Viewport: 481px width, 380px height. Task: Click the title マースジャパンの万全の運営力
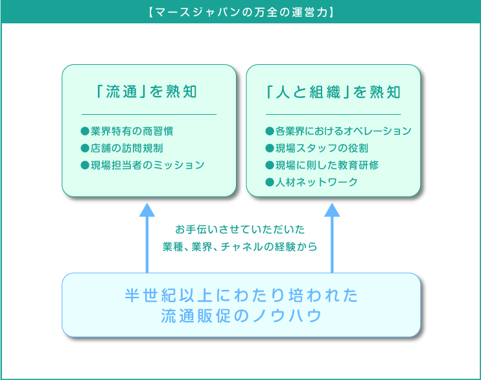pyautogui.click(x=240, y=12)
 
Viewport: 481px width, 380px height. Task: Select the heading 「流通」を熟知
pyautogui.click(x=147, y=91)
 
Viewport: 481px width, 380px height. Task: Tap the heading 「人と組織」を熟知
pyautogui.click(x=333, y=92)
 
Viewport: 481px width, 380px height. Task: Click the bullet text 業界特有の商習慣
pyautogui.click(x=132, y=131)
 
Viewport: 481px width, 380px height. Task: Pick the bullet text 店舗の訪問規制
pyautogui.click(x=126, y=148)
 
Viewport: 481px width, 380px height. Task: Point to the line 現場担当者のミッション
pyautogui.click(x=148, y=165)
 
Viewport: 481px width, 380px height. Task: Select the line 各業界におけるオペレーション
pyautogui.click(x=344, y=131)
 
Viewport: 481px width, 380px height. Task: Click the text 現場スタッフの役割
pyautogui.click(x=322, y=148)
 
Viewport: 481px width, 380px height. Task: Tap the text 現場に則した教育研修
pyautogui.click(x=327, y=165)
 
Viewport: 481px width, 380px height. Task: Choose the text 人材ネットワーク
pyautogui.click(x=316, y=182)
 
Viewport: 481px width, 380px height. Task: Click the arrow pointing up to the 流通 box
pyautogui.click(x=147, y=238)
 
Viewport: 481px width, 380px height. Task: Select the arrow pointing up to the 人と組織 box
pyautogui.click(x=332, y=238)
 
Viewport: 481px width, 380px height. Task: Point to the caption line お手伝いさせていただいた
pyautogui.click(x=240, y=230)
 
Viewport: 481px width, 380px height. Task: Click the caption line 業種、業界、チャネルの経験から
pyautogui.click(x=240, y=246)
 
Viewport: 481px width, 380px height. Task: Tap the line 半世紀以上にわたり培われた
pyautogui.click(x=241, y=295)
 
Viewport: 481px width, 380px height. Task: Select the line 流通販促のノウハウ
pyautogui.click(x=241, y=316)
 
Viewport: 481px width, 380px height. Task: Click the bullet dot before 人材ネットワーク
pyautogui.click(x=270, y=182)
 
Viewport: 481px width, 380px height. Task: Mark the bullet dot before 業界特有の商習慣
pyautogui.click(x=85, y=132)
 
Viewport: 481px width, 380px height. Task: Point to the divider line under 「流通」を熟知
pyautogui.click(x=149, y=115)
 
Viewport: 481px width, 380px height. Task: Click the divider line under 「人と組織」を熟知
pyautogui.click(x=333, y=115)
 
